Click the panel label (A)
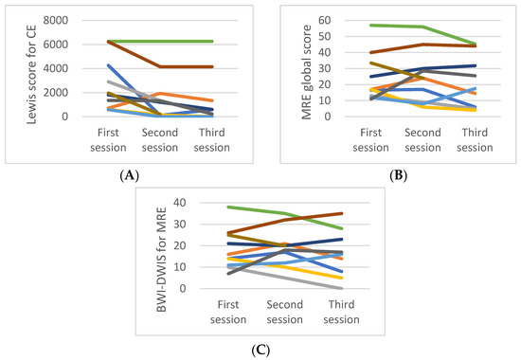click(x=127, y=175)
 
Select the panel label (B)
click(x=393, y=175)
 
